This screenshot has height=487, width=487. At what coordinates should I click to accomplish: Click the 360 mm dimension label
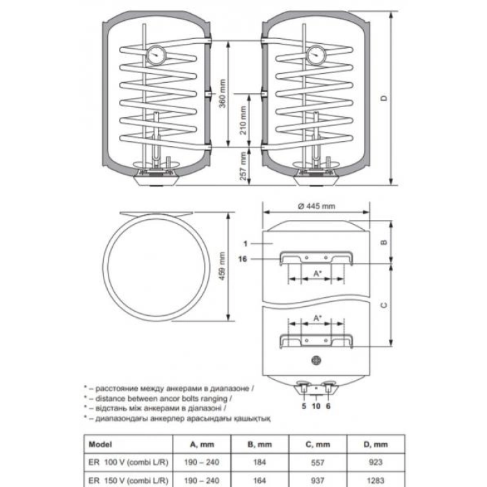(223, 93)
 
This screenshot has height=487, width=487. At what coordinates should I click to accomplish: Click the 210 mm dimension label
(243, 120)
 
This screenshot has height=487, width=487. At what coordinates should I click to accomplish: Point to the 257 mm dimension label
(243, 166)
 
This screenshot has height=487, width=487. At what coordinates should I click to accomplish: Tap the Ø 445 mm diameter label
(316, 206)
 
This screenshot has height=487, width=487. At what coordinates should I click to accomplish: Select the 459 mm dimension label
(222, 266)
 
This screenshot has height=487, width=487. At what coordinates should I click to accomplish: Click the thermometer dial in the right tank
(316, 55)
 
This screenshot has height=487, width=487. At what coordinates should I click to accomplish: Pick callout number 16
(243, 259)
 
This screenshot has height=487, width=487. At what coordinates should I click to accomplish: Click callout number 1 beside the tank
(246, 243)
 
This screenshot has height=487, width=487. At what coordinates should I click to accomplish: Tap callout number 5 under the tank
(304, 406)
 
